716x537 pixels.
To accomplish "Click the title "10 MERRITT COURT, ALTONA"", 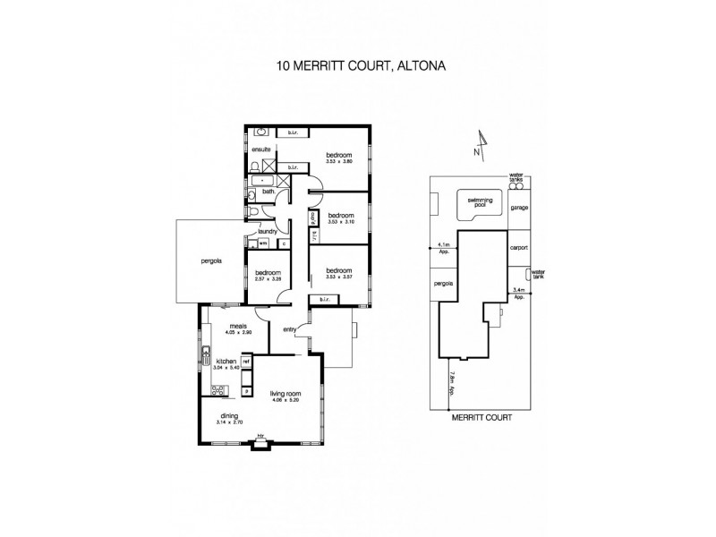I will (358, 65).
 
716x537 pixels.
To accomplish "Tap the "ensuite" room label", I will (261, 149).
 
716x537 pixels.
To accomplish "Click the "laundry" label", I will (268, 231).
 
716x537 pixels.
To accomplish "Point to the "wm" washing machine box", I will (263, 243).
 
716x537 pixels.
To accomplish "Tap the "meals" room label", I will (238, 326).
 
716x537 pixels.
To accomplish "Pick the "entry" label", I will (289, 331).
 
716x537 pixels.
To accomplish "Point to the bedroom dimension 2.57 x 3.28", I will (268, 278).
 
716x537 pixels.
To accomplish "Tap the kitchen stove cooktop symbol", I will (217, 388).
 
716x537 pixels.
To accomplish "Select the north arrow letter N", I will (477, 152).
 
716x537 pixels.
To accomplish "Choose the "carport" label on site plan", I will (519, 247).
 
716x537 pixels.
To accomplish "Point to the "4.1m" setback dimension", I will (443, 245).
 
